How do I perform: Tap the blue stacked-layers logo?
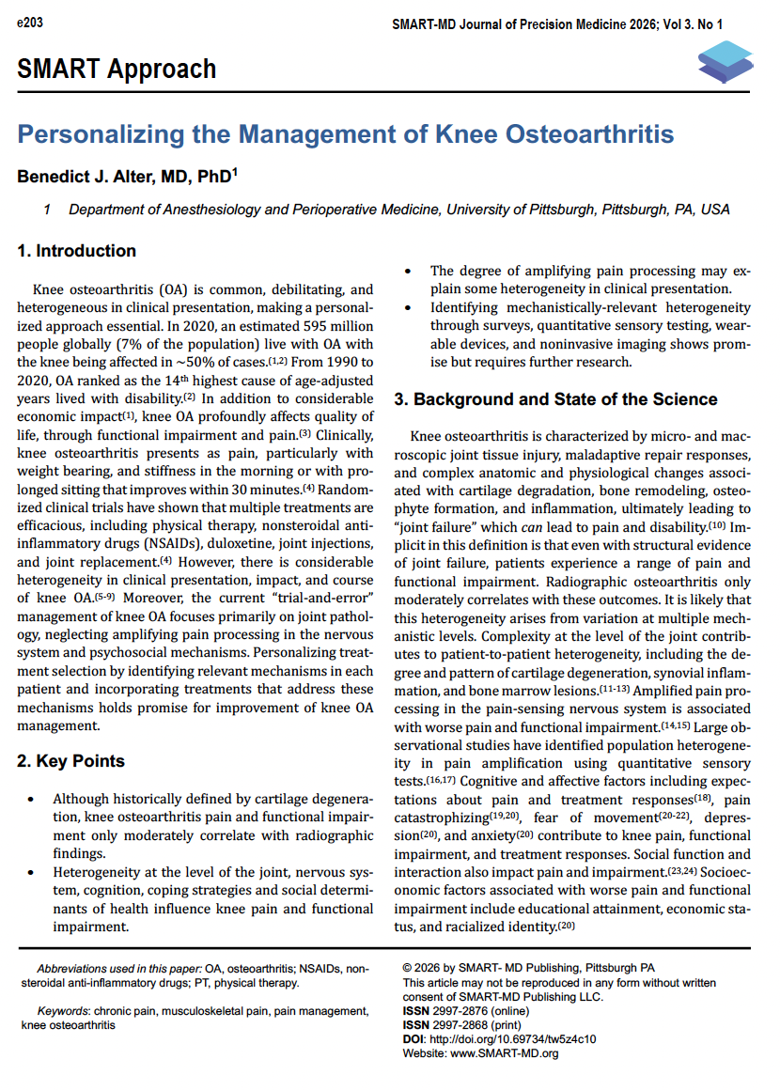(725, 62)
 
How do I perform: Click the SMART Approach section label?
(117, 69)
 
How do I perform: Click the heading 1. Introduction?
(77, 251)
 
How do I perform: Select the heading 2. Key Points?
(71, 761)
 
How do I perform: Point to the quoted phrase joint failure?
(433, 527)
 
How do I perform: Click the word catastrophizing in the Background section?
(441, 817)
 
